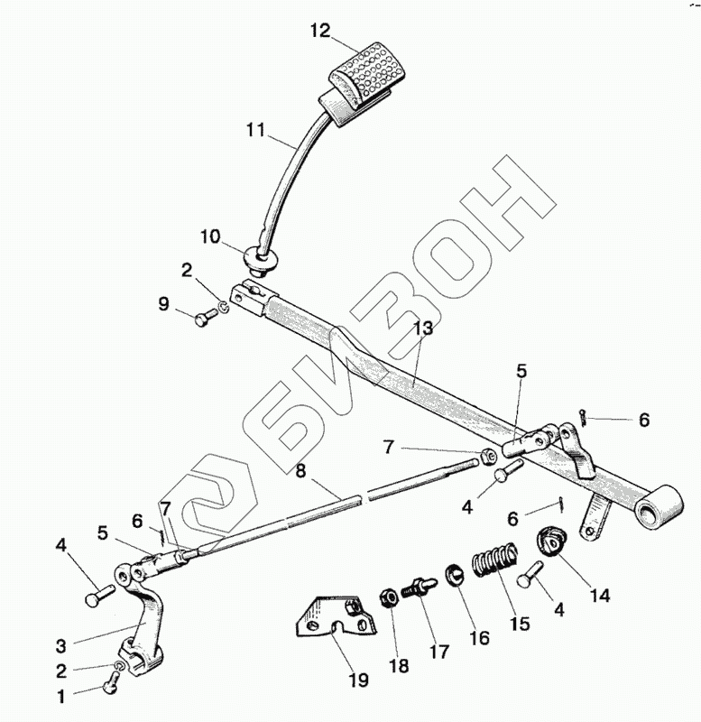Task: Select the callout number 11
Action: (x=255, y=130)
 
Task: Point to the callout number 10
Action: (x=209, y=238)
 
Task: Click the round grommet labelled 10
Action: (x=262, y=261)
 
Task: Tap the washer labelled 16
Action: (x=454, y=574)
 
